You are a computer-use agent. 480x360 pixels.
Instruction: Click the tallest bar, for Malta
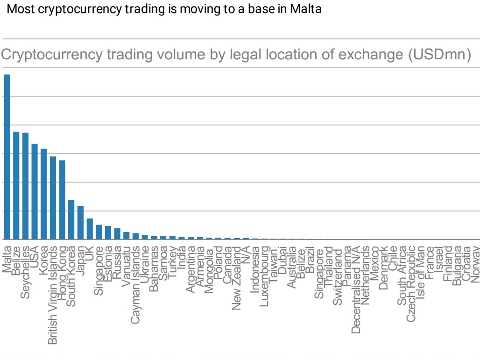7,157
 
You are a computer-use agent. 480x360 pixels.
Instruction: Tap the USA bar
35,191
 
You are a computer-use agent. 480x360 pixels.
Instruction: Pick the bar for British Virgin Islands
53,198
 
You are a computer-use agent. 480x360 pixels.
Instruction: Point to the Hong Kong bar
62,200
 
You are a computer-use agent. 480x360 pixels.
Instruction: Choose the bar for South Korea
71,219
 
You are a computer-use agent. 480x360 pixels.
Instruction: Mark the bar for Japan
80,223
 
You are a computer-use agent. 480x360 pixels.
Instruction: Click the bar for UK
90,229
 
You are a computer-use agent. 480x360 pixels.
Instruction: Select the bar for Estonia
108,233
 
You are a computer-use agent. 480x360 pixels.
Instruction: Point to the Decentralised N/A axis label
356,289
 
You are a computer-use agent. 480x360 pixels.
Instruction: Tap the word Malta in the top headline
305,9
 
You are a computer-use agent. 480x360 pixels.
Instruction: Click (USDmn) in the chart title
439,55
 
